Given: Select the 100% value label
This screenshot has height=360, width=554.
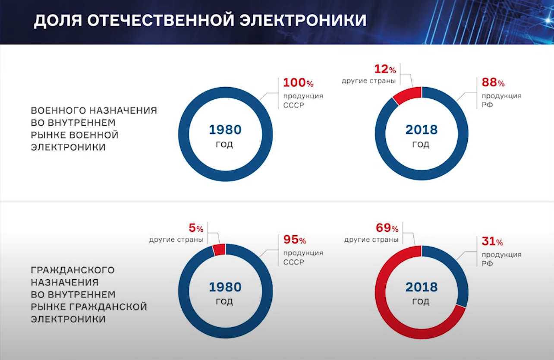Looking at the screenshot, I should click(x=298, y=83).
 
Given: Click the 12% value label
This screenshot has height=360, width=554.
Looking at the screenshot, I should click(x=385, y=69).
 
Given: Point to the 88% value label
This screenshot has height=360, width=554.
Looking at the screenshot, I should click(x=493, y=83).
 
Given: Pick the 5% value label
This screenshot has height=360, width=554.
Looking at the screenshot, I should click(x=196, y=228).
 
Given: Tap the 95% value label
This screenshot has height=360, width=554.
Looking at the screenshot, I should click(x=295, y=240).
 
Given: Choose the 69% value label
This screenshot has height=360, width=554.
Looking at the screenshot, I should click(x=386, y=228).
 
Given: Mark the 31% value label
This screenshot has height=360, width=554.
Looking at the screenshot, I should click(x=492, y=242).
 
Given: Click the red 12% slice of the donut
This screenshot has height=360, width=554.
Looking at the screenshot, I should click(x=407, y=94).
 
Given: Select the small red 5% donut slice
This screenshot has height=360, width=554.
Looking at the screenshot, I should click(x=219, y=249).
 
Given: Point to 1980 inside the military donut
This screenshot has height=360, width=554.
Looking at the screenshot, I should click(x=225, y=129).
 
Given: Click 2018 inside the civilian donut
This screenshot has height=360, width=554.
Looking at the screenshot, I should click(x=421, y=287).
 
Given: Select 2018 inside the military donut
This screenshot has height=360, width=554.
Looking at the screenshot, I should click(x=421, y=129).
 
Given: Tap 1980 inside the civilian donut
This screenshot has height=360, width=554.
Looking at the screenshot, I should click(x=225, y=287).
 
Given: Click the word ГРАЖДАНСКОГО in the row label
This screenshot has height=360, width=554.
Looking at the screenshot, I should click(x=73, y=270).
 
